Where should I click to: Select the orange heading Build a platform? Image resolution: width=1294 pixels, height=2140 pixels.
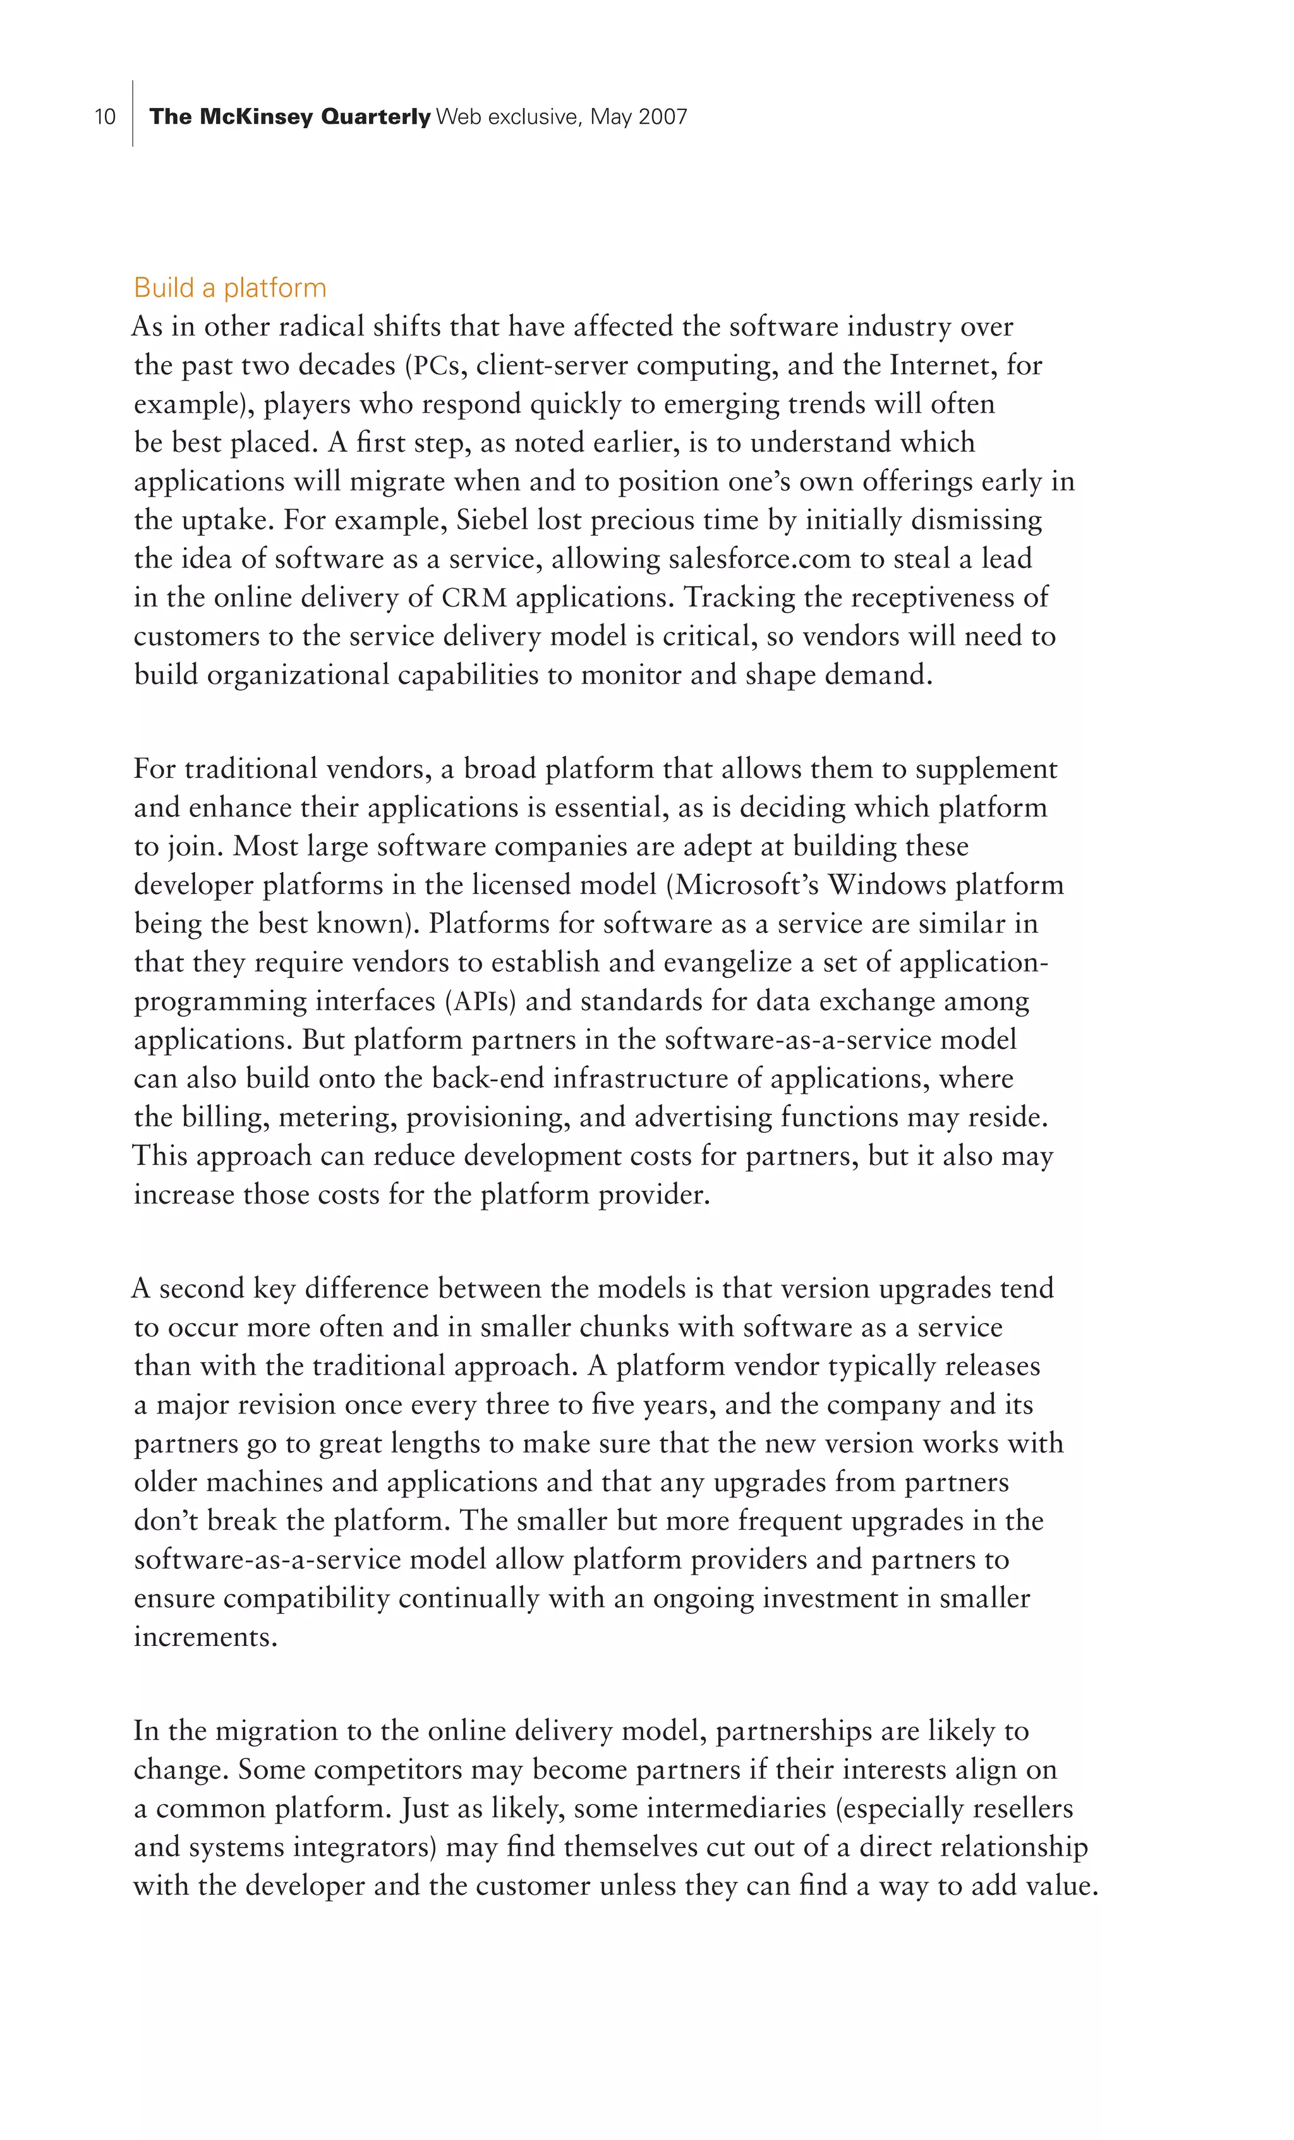click(x=230, y=287)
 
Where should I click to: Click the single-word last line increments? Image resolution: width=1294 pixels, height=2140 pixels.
click(x=205, y=1637)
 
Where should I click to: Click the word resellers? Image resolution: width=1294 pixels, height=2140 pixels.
click(x=1023, y=1808)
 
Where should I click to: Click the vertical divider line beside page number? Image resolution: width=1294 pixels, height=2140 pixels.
click(x=133, y=113)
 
